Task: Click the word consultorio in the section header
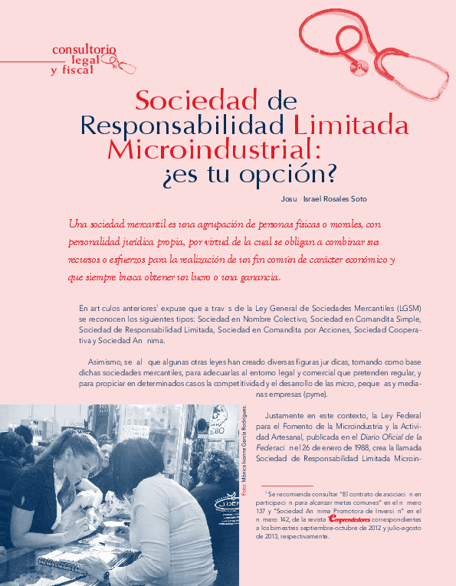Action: pyautogui.click(x=84, y=50)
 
